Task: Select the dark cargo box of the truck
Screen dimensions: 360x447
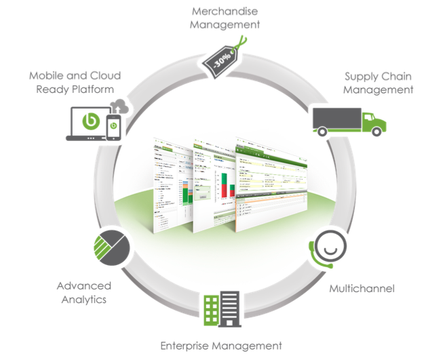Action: [x=336, y=119]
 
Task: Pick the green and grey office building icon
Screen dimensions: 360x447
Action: [x=221, y=309]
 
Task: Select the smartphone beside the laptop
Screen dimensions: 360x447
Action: [x=114, y=127]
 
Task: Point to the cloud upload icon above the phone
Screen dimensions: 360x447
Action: [x=120, y=105]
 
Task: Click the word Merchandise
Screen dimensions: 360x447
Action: [x=224, y=12]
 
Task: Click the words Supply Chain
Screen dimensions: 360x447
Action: [x=378, y=77]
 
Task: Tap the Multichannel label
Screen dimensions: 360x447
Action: [x=362, y=289]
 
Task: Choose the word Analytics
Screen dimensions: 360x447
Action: [x=81, y=299]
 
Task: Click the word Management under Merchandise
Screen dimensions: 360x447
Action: [x=224, y=24]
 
